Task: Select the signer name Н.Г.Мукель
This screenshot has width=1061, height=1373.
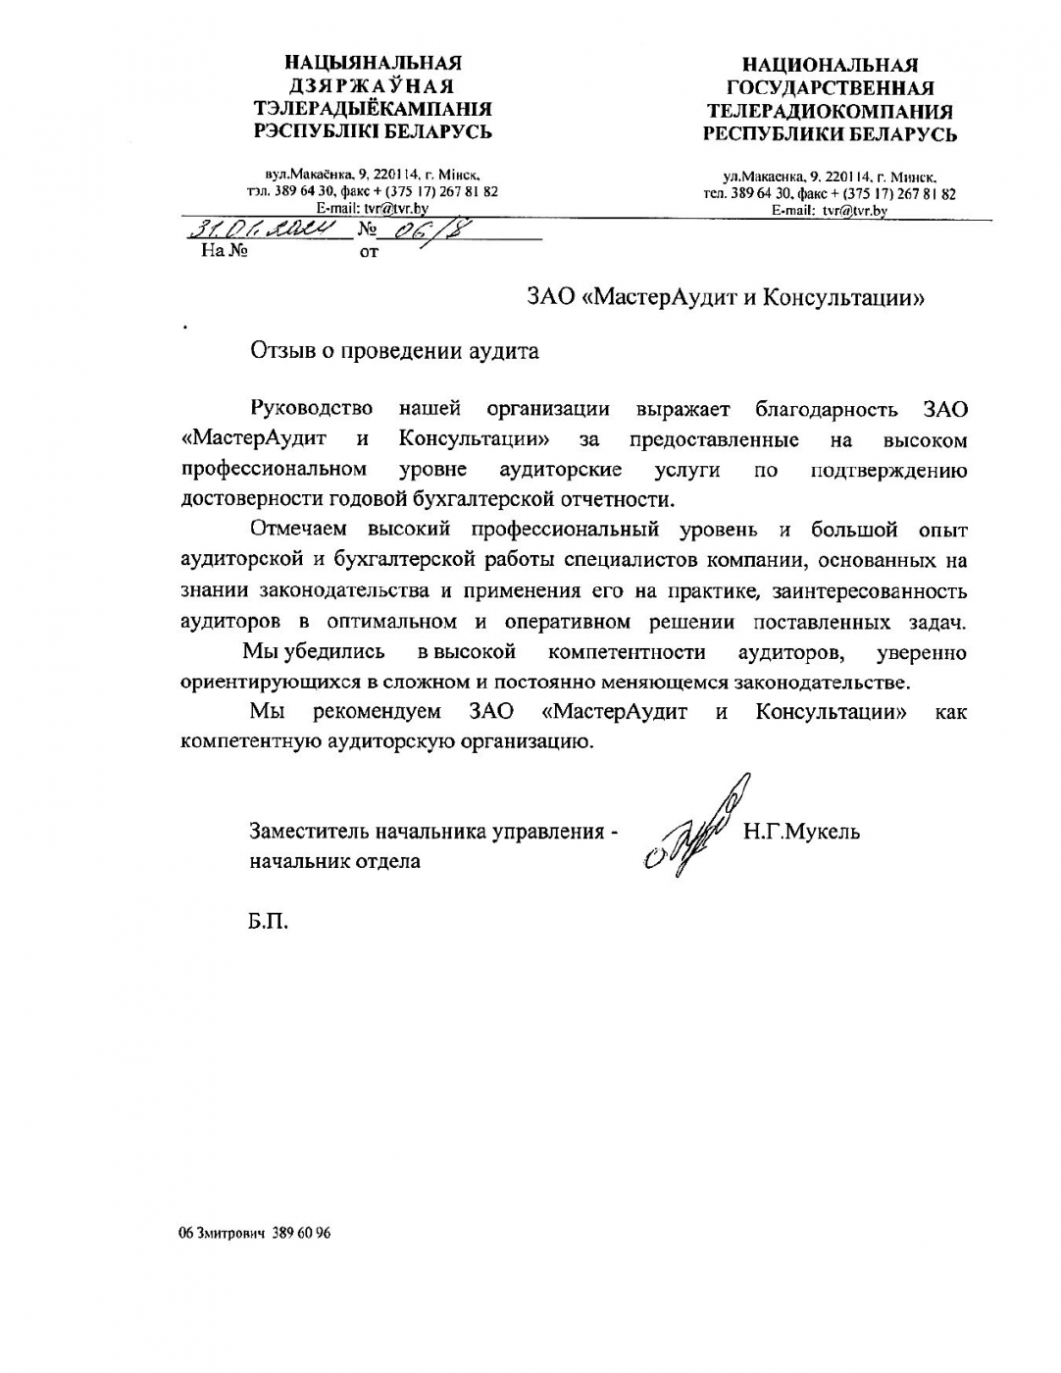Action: click(x=801, y=833)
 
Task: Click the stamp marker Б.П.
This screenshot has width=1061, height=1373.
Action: click(x=269, y=922)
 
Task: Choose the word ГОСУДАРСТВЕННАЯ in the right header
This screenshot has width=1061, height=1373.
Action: click(x=830, y=88)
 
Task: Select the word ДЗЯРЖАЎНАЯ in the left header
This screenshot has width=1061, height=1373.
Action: click(x=372, y=85)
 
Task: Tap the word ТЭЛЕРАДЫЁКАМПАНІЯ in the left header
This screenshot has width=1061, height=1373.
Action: click(x=373, y=109)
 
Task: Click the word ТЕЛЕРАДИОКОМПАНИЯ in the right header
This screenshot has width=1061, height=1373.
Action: click(x=830, y=111)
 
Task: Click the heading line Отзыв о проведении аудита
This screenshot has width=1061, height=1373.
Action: click(x=394, y=351)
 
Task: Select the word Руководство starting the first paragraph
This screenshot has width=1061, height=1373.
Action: click(x=312, y=409)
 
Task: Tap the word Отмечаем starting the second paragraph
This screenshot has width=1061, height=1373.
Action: click(x=298, y=530)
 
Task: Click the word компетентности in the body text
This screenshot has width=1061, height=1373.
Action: click(x=627, y=652)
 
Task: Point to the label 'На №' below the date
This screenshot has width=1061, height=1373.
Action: click(x=224, y=251)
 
